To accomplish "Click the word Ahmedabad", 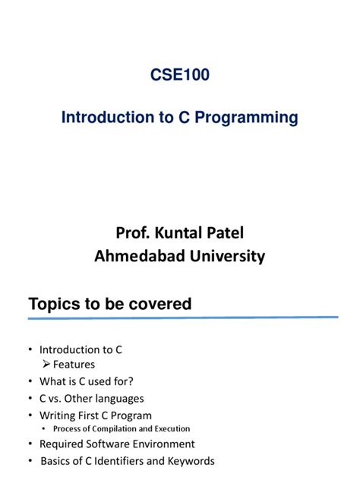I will (137, 256).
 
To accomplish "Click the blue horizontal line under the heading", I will (182, 318).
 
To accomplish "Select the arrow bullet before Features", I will (46, 365).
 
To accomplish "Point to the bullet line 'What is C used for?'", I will (81, 381).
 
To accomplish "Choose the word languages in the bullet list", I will (118, 398).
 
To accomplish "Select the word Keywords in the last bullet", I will (191, 461).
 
